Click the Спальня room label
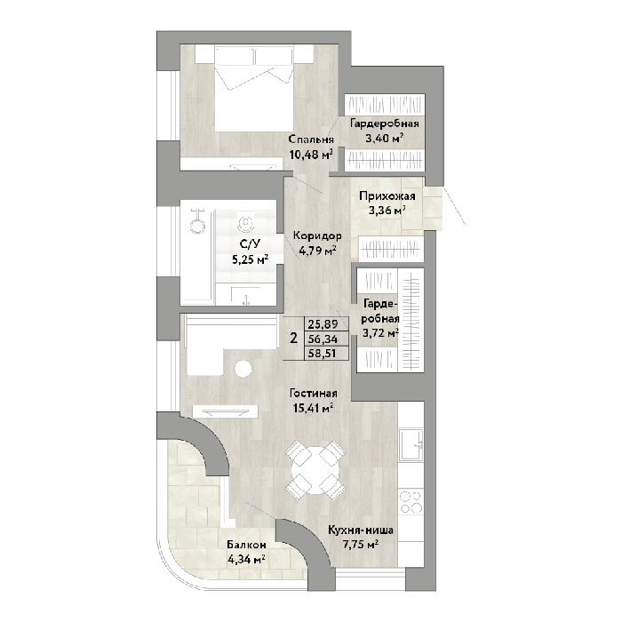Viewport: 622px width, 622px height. click(311, 140)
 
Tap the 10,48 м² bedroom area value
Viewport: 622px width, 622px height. click(311, 154)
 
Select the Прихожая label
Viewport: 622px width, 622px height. click(387, 196)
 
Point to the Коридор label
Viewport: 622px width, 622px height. click(317, 236)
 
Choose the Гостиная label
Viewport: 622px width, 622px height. click(314, 393)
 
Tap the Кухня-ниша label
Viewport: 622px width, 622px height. click(361, 530)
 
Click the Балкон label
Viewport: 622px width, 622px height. click(246, 545)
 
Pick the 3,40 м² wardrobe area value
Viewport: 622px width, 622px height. click(385, 138)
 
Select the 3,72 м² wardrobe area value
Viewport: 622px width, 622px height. click(380, 332)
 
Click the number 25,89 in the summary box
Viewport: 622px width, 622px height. click(323, 324)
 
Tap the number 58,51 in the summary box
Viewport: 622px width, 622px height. click(323, 353)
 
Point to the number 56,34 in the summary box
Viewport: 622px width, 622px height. click(323, 339)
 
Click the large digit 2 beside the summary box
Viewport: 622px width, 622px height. click(293, 339)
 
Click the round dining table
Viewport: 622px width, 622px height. click(315, 470)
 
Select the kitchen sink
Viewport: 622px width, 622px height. click(411, 445)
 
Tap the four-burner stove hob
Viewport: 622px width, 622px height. click(411, 502)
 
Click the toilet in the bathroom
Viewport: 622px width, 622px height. click(246, 222)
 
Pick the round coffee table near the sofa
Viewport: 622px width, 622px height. click(243, 369)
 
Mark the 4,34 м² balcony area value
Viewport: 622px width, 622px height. click(246, 559)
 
